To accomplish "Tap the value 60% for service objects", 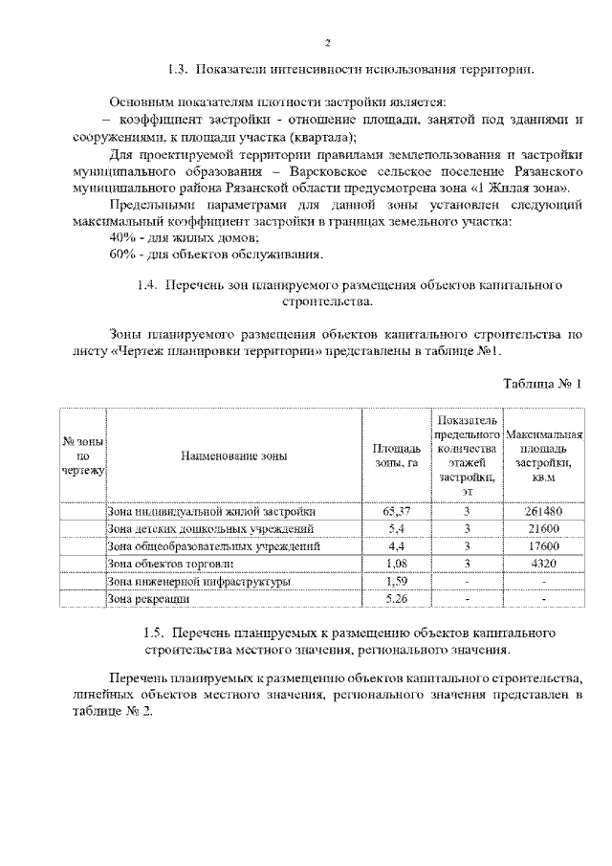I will (123, 254).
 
